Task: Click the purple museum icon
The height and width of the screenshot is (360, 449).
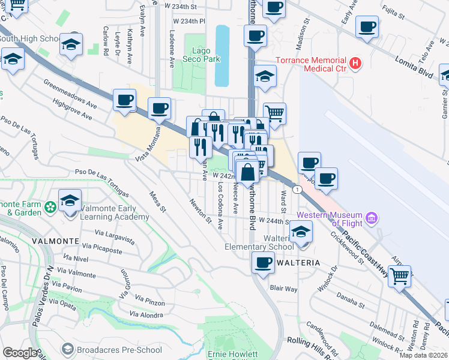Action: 372,217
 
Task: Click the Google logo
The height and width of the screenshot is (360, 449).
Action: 20,352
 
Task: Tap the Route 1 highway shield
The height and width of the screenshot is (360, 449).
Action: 297,189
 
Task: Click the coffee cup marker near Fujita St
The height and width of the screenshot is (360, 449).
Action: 367,26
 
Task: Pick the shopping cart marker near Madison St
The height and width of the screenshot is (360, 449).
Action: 274,113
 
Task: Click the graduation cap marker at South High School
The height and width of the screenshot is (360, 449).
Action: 71,44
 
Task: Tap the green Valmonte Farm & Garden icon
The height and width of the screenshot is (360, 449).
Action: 50,207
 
